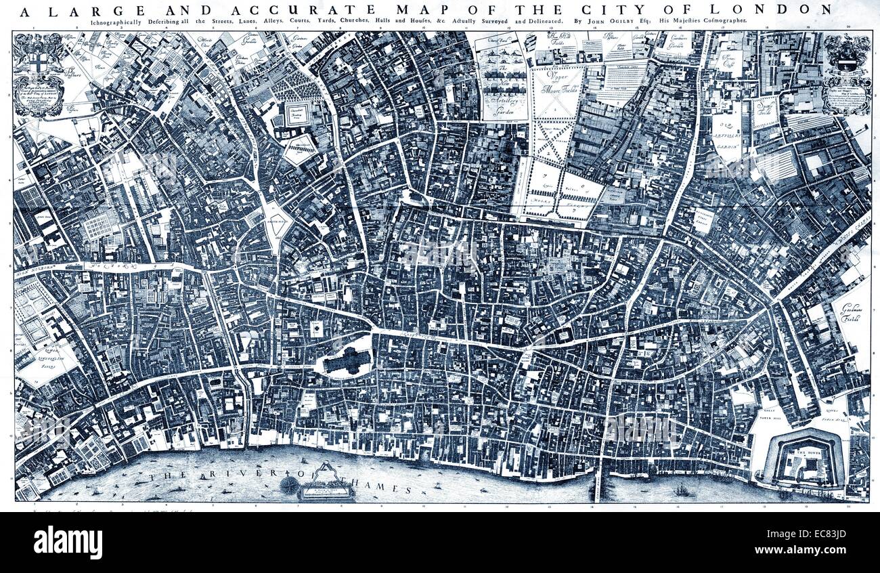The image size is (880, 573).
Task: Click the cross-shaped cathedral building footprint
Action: coord(347,362)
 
